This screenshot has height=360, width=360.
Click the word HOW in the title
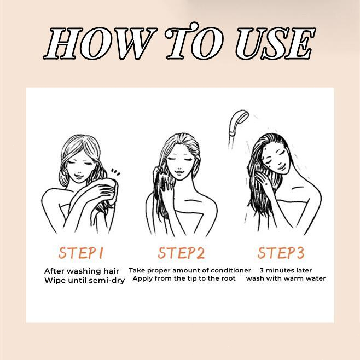coord(100,43)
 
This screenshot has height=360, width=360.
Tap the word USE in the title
coord(276,43)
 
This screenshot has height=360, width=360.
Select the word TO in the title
coord(194,41)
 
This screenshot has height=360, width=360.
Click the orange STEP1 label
coord(80,253)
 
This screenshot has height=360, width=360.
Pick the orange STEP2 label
coord(181,253)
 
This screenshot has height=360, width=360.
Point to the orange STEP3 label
coord(281,253)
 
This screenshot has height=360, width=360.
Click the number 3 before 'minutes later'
coord(262,270)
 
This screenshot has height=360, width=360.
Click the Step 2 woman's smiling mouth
coord(179,172)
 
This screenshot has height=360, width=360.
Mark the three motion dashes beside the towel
coord(116,172)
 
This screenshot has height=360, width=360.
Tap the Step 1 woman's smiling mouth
coord(79,176)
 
